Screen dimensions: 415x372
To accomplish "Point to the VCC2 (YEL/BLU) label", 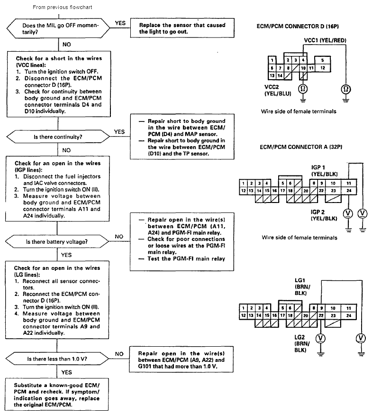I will point(278,91).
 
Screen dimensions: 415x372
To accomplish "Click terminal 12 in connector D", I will point(322,68).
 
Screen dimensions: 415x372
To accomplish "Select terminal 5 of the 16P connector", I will point(322,61).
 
